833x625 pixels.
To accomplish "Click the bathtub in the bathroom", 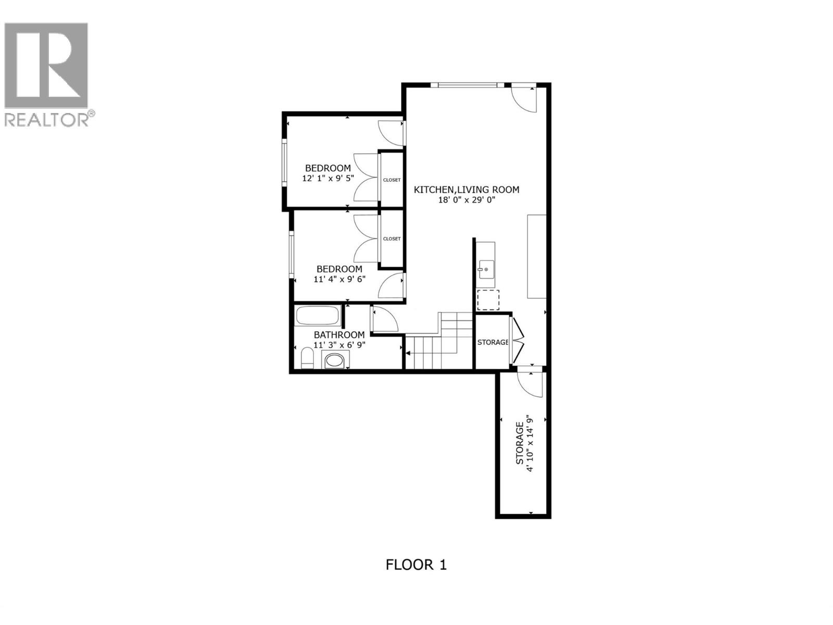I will [318, 316].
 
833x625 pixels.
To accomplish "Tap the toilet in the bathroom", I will [307, 359].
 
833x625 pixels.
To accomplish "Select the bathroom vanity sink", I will [334, 360].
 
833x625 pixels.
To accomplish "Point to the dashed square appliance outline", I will [488, 300].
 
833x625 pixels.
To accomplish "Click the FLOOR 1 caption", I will [416, 565].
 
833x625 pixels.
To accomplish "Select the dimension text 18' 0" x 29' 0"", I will [466, 199].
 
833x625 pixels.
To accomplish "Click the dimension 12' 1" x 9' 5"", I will [328, 178].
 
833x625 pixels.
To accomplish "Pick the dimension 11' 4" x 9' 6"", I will [339, 279].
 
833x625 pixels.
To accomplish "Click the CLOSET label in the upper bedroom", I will [392, 180].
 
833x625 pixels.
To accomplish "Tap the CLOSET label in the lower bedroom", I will [392, 239].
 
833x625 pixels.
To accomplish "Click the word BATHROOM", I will [339, 335].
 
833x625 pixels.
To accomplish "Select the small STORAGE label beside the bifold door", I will [493, 342].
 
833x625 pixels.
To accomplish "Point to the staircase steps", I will [438, 342].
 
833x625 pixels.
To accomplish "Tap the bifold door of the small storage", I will [518, 341].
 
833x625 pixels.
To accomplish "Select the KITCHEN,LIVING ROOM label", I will [466, 190].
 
